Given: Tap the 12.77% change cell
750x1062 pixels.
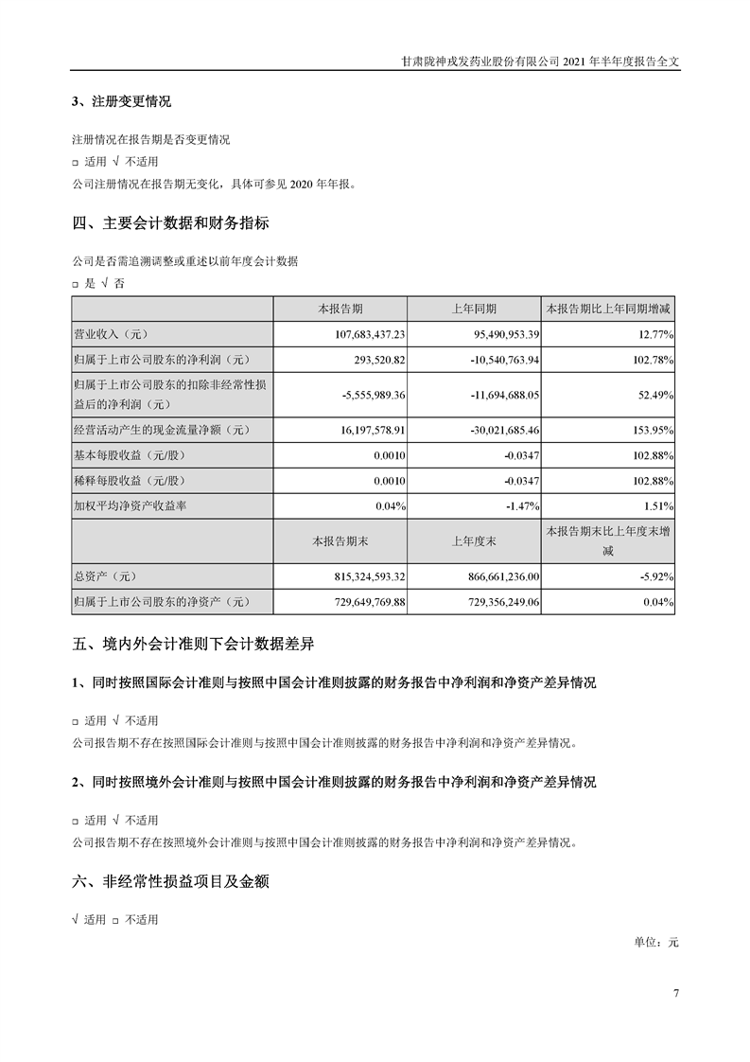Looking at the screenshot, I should [654, 334].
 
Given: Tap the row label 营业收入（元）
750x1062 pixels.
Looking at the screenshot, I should [113, 334].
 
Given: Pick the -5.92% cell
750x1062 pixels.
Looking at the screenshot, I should [655, 575].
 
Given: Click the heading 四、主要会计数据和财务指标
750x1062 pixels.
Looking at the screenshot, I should [170, 224].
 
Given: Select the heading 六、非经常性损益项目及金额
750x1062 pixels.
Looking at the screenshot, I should [170, 882].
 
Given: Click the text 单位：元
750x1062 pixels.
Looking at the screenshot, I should [657, 943].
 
